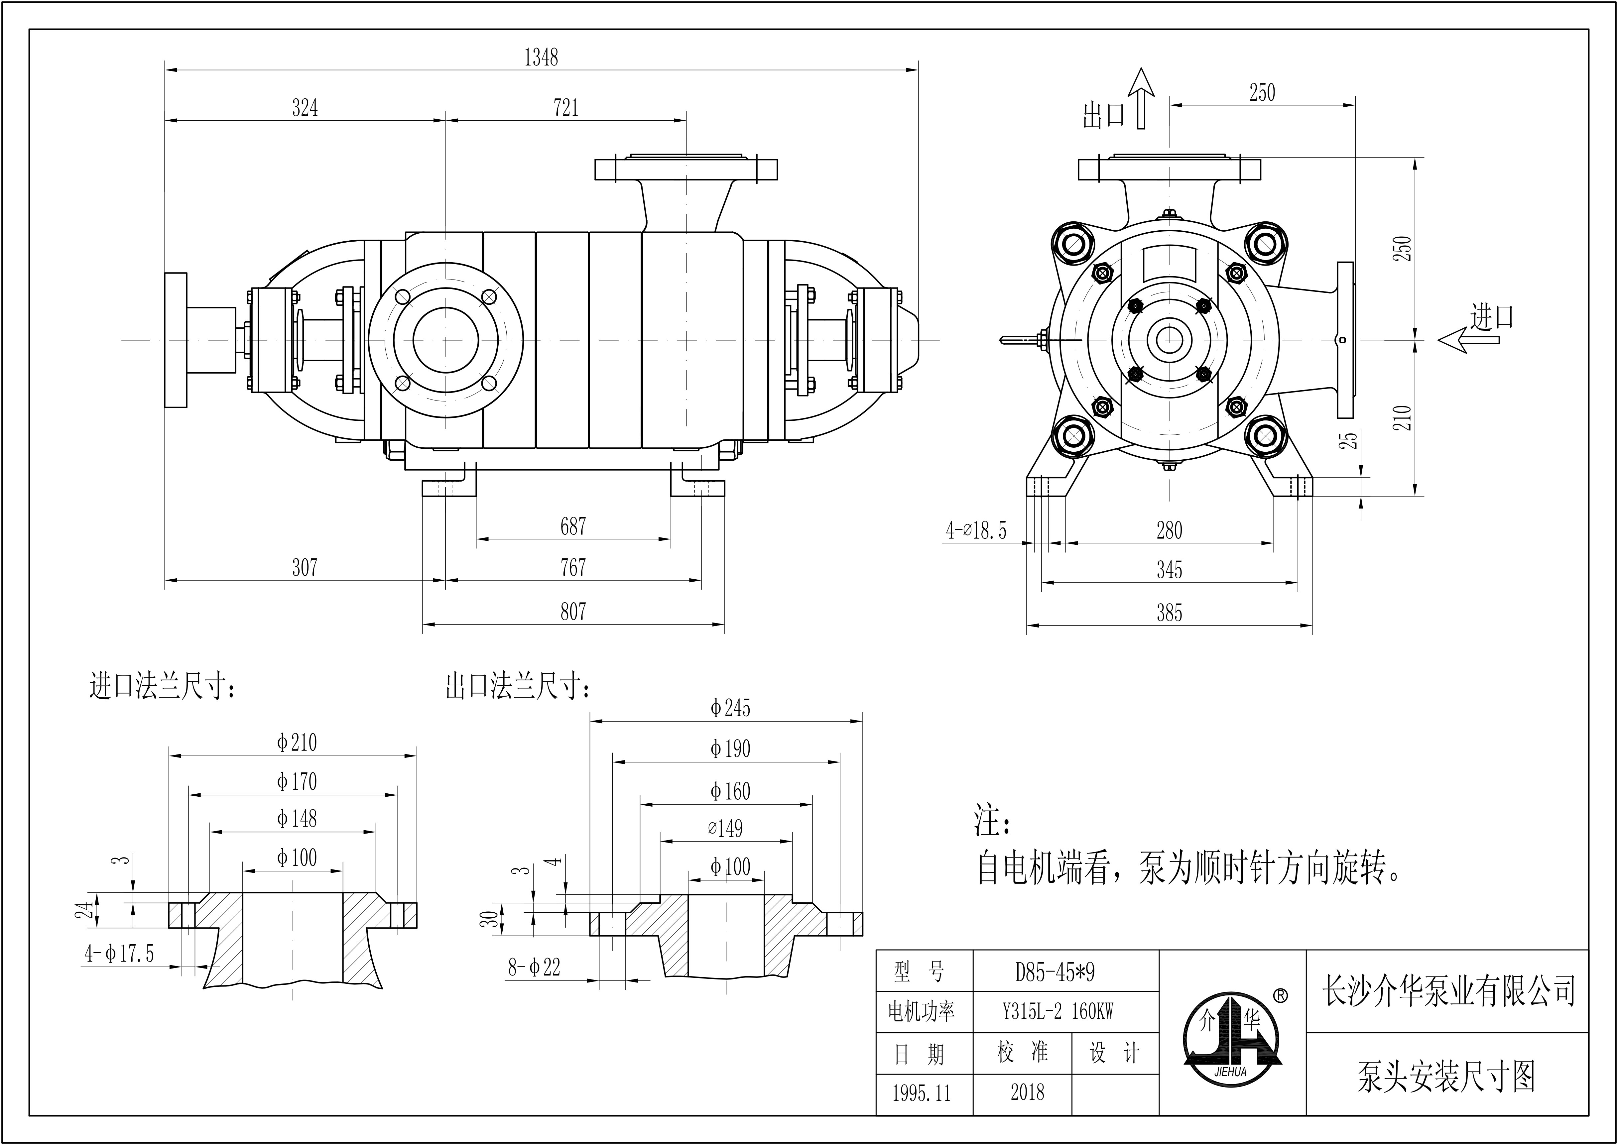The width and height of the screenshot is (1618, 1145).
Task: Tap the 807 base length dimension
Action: click(x=572, y=611)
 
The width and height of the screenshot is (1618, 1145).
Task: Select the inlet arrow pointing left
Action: click(x=1468, y=340)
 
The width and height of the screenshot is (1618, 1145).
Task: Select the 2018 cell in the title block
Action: click(x=1027, y=1093)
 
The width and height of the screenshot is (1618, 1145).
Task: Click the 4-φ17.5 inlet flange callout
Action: click(x=119, y=954)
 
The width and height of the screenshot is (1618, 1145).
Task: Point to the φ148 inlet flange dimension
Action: click(x=297, y=819)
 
